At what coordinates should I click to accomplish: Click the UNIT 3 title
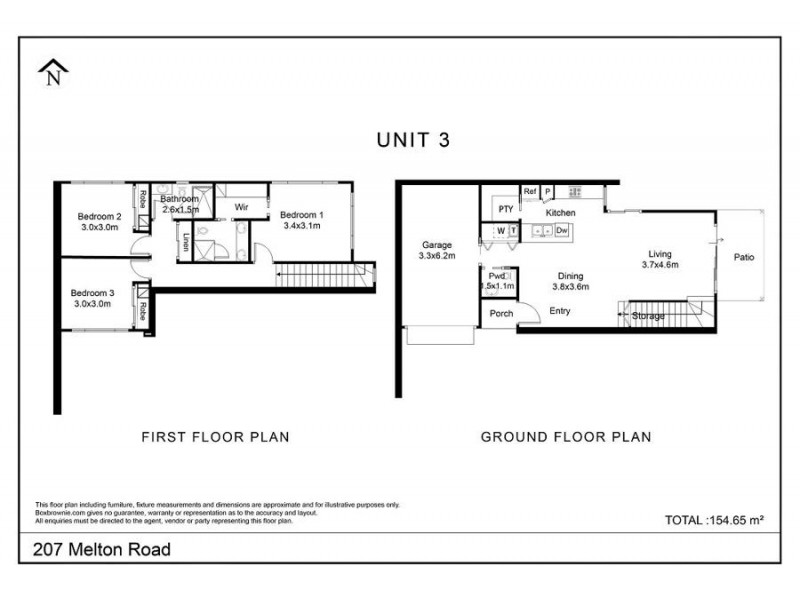pyautogui.click(x=413, y=140)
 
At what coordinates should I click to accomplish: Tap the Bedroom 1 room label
pyautogui.click(x=301, y=221)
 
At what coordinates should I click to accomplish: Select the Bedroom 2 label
pyautogui.click(x=100, y=221)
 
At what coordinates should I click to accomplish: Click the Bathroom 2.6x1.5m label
pyautogui.click(x=181, y=205)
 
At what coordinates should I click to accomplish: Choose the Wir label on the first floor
pyautogui.click(x=241, y=208)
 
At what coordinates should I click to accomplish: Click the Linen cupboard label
pyautogui.click(x=187, y=242)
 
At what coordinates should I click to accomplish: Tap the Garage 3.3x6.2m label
pyautogui.click(x=437, y=250)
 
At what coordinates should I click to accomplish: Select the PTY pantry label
pyautogui.click(x=506, y=210)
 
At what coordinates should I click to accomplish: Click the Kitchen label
pyautogui.click(x=559, y=214)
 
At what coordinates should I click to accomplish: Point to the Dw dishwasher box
pyautogui.click(x=562, y=231)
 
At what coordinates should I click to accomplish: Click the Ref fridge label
pyautogui.click(x=530, y=191)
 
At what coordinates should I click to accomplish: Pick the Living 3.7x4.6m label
pyautogui.click(x=661, y=260)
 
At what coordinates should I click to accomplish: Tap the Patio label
pyautogui.click(x=743, y=258)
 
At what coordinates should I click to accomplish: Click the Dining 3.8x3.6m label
pyautogui.click(x=571, y=281)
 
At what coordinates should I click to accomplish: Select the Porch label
pyautogui.click(x=501, y=314)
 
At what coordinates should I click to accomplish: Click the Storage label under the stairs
pyautogui.click(x=648, y=317)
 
